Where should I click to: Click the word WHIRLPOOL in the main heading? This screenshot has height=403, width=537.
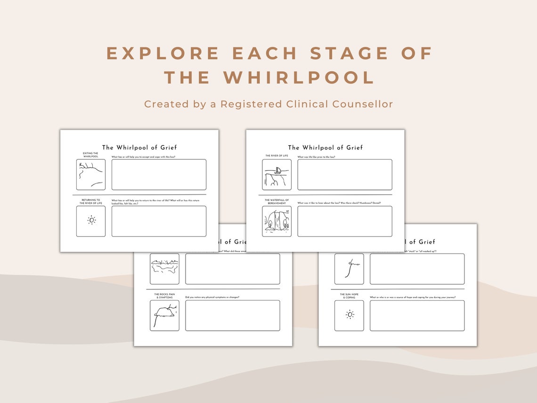[x=299, y=78]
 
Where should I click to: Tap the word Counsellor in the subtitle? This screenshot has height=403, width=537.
[x=362, y=104]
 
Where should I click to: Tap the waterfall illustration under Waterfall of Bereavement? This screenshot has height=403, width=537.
[x=277, y=222]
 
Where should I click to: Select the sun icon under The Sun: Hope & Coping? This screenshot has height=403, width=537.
[x=349, y=315]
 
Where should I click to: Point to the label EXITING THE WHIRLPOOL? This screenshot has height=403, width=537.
[x=90, y=155]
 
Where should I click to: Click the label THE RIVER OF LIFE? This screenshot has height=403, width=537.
[x=277, y=156]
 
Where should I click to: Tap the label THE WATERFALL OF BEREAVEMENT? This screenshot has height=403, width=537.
[x=277, y=201]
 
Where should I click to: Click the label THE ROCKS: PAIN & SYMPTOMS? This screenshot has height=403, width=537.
[x=164, y=296]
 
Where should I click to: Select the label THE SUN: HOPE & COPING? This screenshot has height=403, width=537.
[x=349, y=296]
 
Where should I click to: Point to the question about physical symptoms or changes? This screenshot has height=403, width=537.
[x=212, y=297]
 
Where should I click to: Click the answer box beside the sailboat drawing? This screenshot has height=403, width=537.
[x=344, y=174]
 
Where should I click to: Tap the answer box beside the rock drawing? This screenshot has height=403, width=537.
[x=232, y=315]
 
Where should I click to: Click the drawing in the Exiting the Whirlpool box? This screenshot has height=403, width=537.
[x=91, y=174]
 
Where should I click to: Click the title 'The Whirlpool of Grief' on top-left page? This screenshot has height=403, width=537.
[x=139, y=148]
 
